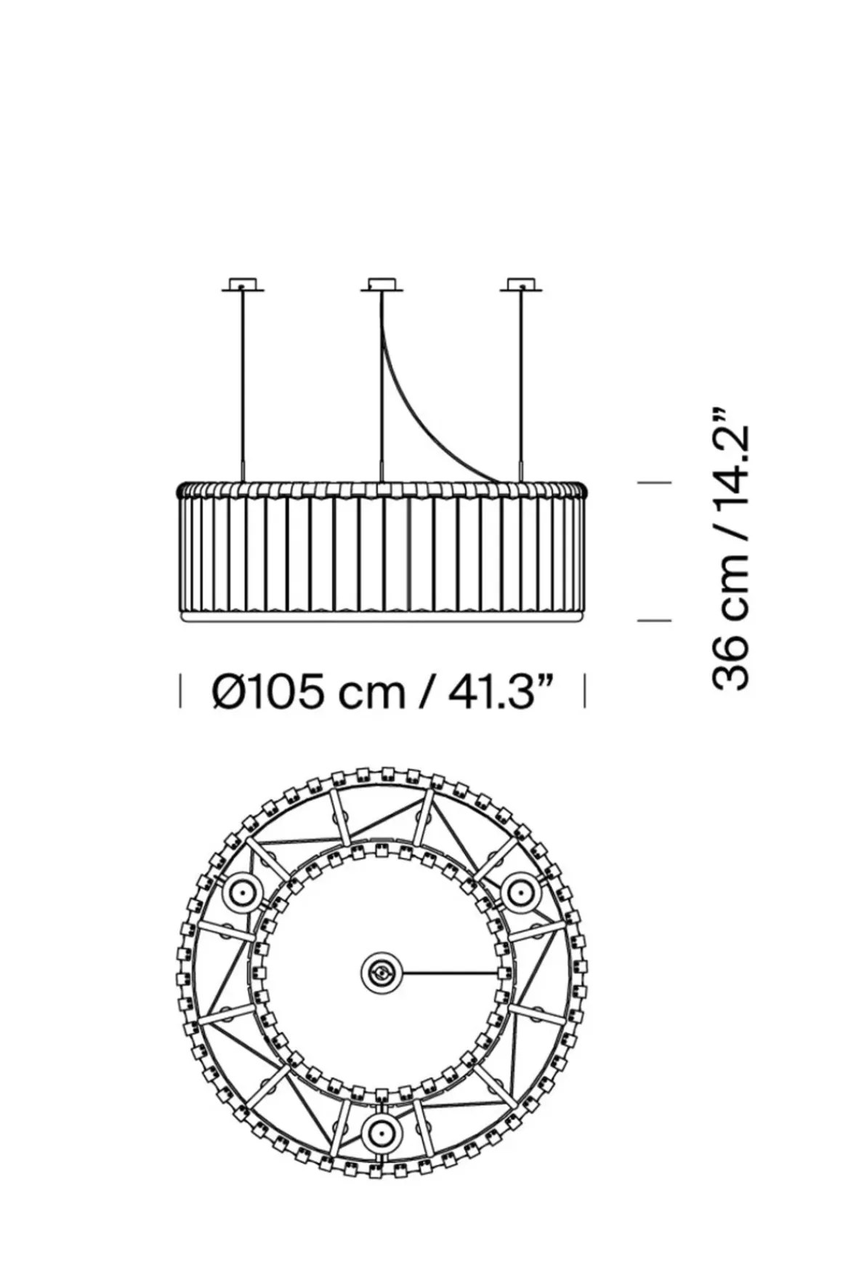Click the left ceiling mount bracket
coord(243,285)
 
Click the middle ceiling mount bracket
coord(382,285)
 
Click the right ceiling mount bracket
coord(520,285)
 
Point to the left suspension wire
coord(243,385)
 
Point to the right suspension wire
coord(520,385)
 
